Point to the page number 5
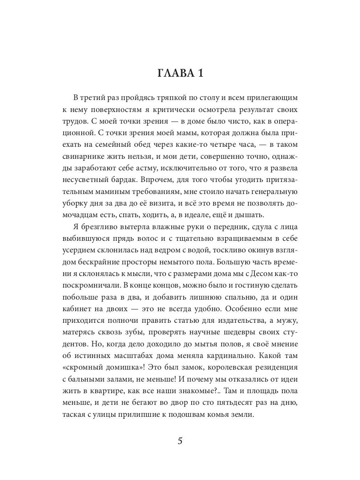click(180, 442)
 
